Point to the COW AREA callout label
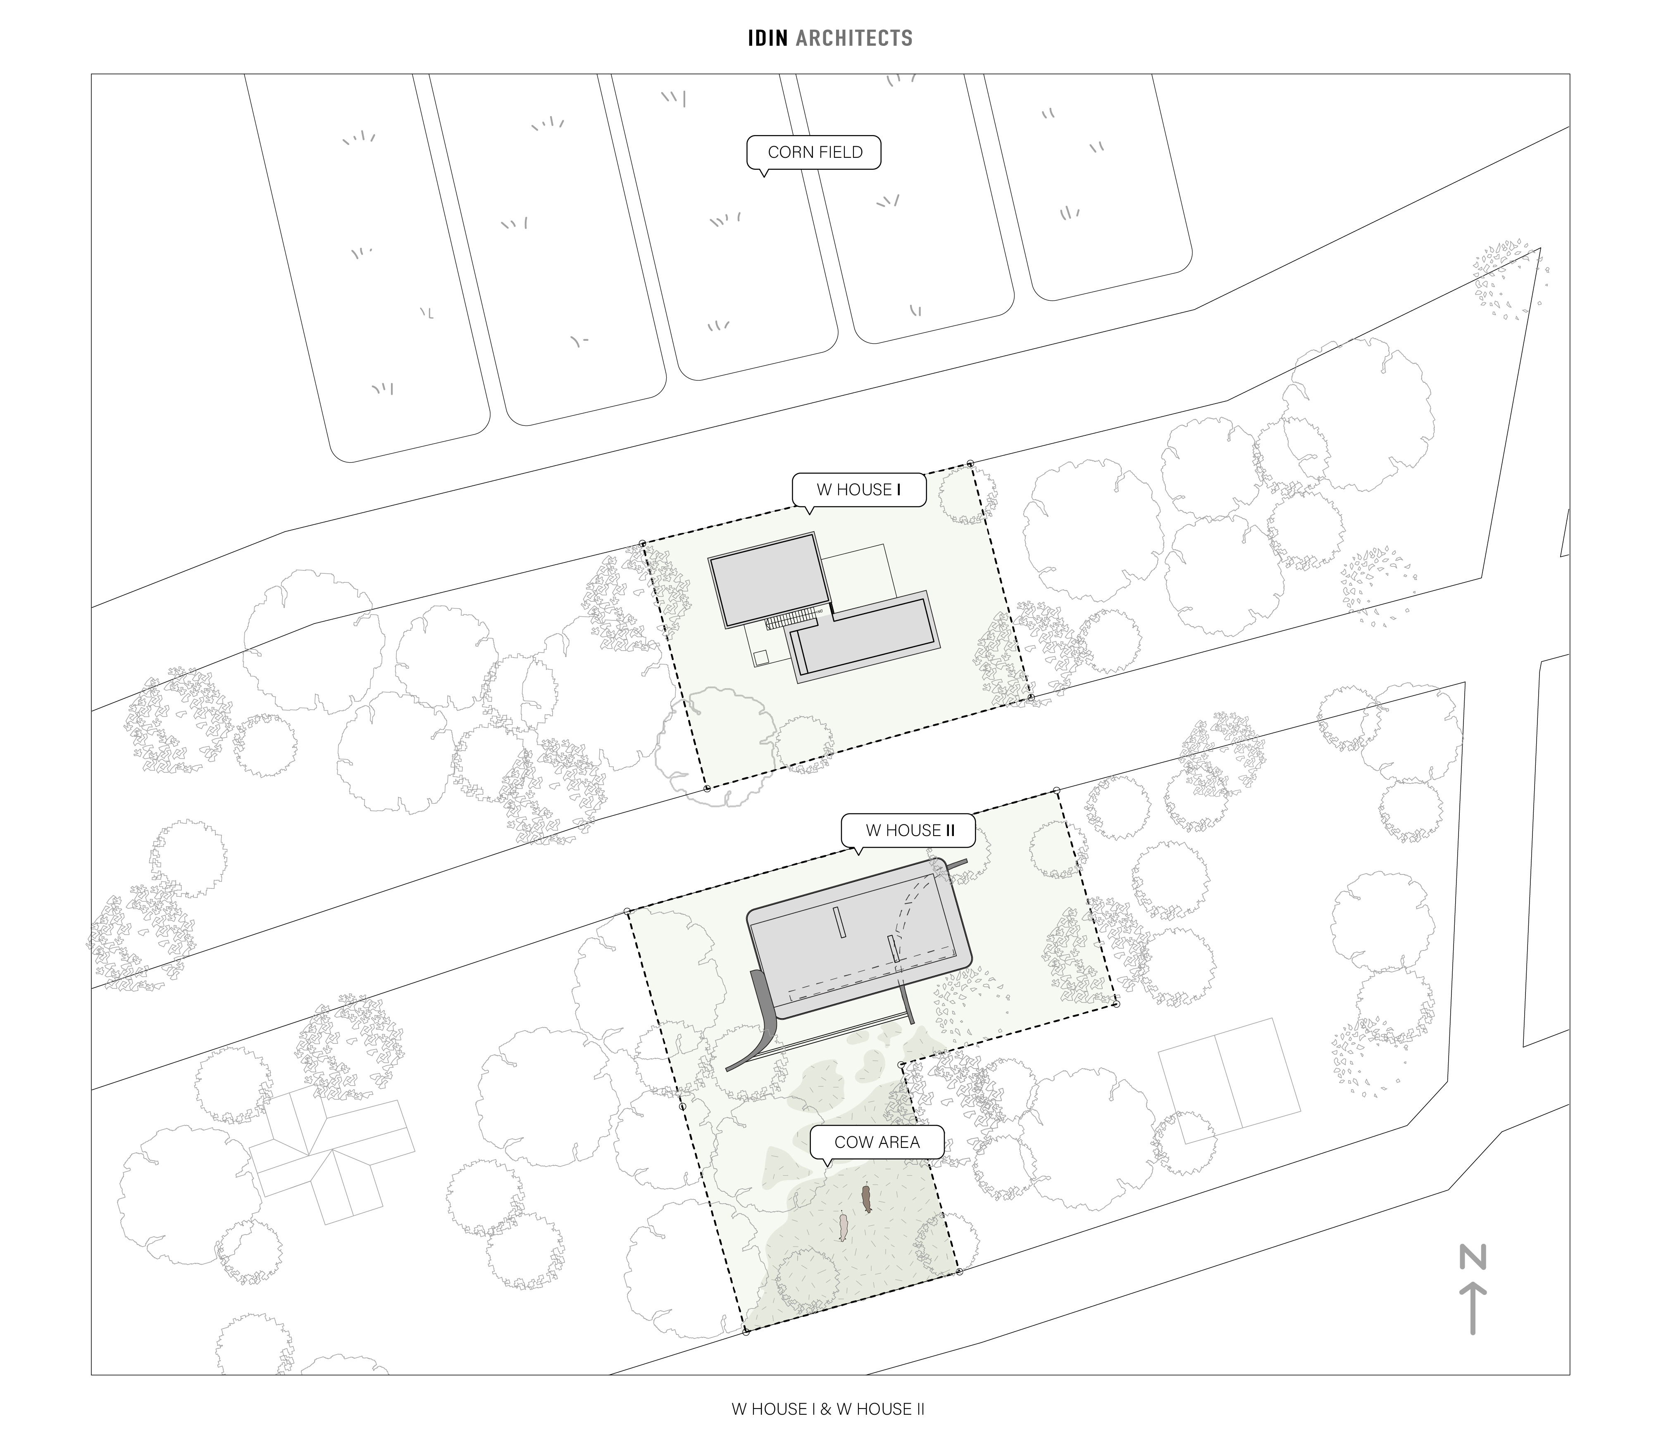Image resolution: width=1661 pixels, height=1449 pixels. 877,1143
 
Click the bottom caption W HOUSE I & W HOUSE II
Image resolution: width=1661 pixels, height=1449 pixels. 828,1409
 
